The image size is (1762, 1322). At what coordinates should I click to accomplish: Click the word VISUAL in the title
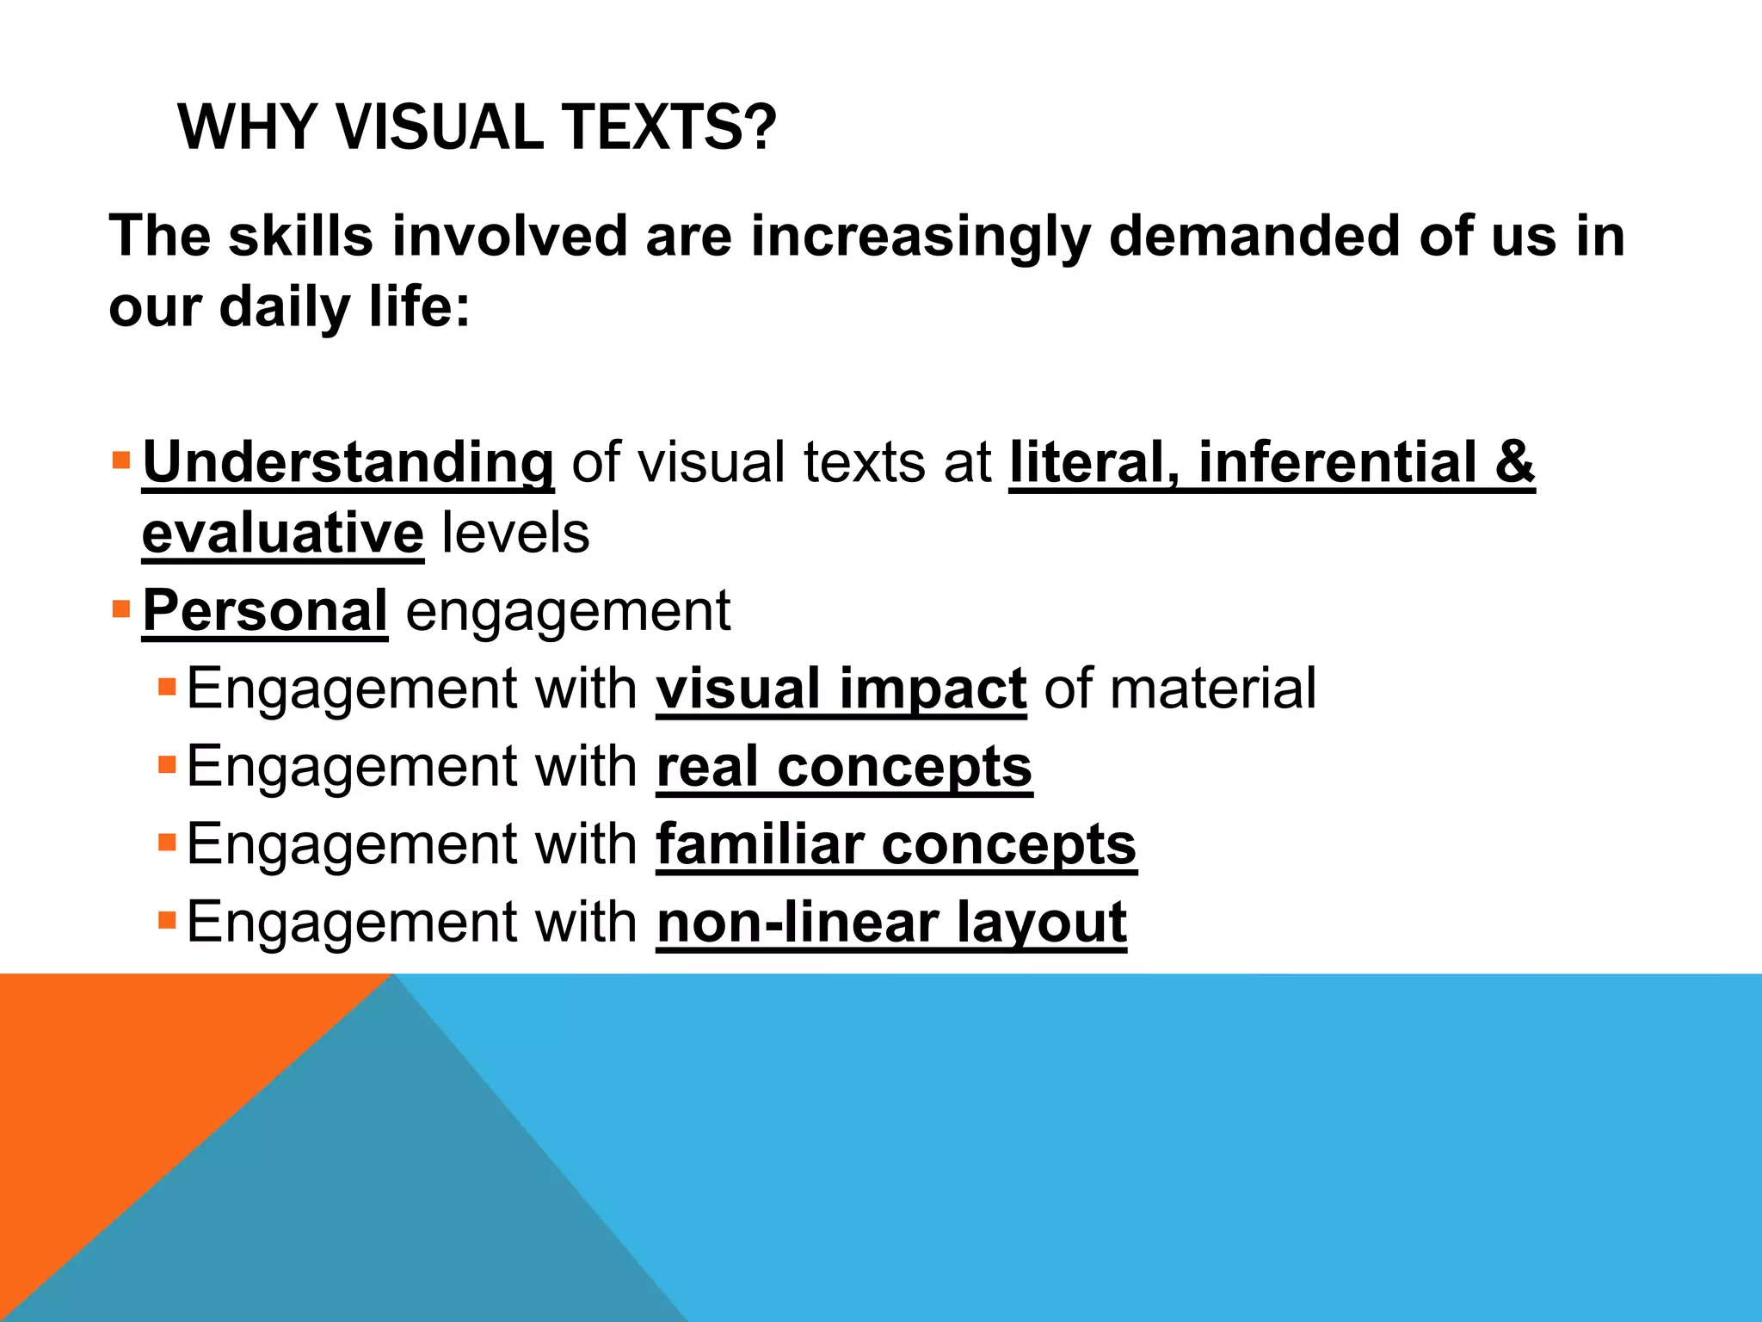439,127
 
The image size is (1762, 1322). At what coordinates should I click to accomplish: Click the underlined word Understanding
348,462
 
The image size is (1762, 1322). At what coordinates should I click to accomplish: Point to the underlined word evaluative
282,534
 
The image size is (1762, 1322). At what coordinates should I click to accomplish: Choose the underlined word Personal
265,611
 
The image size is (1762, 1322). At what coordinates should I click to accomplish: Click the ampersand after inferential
1514,462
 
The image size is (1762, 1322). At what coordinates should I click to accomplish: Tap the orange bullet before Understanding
120,456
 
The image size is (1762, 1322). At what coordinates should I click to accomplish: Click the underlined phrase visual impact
841,689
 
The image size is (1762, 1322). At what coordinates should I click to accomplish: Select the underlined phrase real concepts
844,766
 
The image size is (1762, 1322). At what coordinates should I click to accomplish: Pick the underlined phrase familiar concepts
896,844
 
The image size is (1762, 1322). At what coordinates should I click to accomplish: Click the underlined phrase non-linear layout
891,922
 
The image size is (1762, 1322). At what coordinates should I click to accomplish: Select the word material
1213,689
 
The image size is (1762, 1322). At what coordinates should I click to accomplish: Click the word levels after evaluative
515,534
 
